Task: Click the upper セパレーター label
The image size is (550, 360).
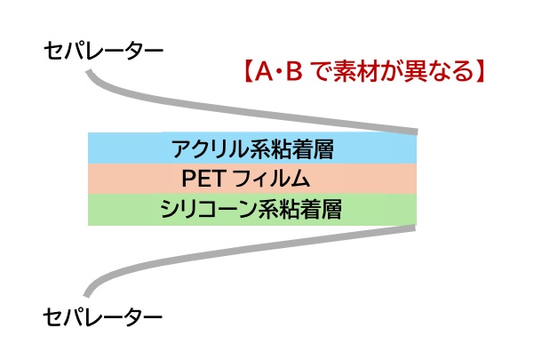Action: click(x=103, y=51)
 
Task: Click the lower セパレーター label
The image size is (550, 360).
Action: click(x=103, y=317)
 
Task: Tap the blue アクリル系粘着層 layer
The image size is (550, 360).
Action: click(x=252, y=148)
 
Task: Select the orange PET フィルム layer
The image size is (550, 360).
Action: click(x=252, y=179)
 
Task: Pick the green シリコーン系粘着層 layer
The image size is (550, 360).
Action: click(x=252, y=210)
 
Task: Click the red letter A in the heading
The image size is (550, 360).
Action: click(x=264, y=71)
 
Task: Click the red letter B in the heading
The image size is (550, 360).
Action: click(x=294, y=71)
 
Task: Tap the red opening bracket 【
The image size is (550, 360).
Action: click(x=248, y=71)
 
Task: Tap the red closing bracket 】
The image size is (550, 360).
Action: click(x=480, y=71)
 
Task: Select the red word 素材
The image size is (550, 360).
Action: click(x=351, y=71)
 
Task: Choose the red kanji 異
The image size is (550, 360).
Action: click(x=415, y=71)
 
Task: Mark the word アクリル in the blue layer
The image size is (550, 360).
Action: click(x=211, y=148)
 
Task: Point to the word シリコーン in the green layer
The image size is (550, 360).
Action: click(x=209, y=210)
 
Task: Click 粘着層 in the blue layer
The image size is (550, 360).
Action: click(x=303, y=148)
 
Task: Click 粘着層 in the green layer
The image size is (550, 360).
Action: click(x=312, y=210)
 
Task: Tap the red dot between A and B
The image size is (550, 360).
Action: click(x=280, y=72)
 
